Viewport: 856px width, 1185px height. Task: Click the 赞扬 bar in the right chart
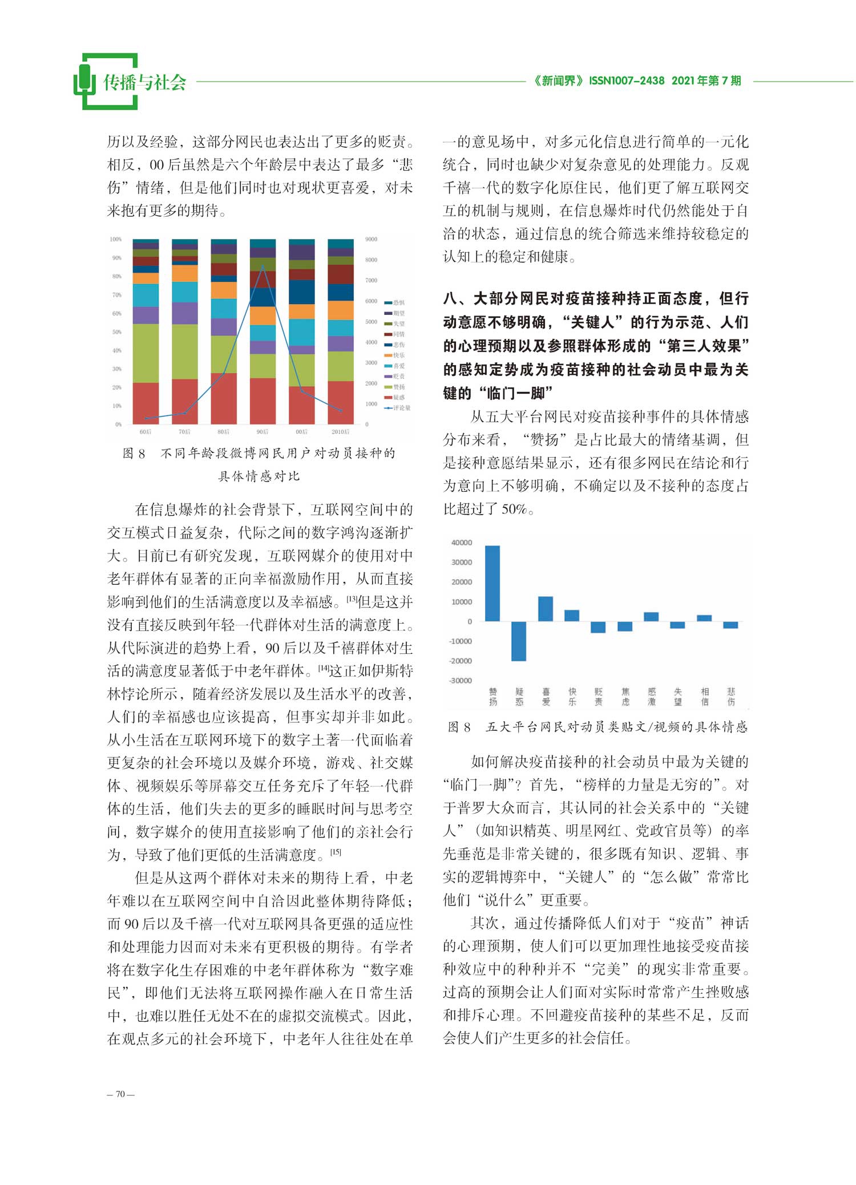tap(492, 583)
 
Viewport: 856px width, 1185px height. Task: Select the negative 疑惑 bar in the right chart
tap(519, 641)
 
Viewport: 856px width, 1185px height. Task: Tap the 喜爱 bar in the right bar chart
tap(546, 609)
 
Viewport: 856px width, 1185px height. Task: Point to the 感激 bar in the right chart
tap(651, 617)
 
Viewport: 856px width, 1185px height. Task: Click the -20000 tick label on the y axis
tap(461, 661)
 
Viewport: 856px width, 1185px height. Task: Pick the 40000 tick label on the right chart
tap(462, 543)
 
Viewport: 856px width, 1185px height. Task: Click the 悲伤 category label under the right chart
tap(731, 697)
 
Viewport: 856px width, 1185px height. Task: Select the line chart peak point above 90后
tap(263, 266)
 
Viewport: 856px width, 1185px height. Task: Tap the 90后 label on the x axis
tap(263, 432)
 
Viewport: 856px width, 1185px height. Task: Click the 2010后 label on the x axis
tap(341, 432)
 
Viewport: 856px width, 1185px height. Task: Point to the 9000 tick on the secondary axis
tap(371, 239)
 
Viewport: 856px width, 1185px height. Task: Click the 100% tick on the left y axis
tap(116, 239)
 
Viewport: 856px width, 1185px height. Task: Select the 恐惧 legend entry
tap(398, 302)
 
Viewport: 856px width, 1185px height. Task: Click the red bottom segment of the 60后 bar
tap(146, 403)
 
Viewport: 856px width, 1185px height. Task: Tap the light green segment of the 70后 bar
tap(185, 351)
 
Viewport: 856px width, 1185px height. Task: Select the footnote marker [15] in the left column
tap(336, 852)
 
